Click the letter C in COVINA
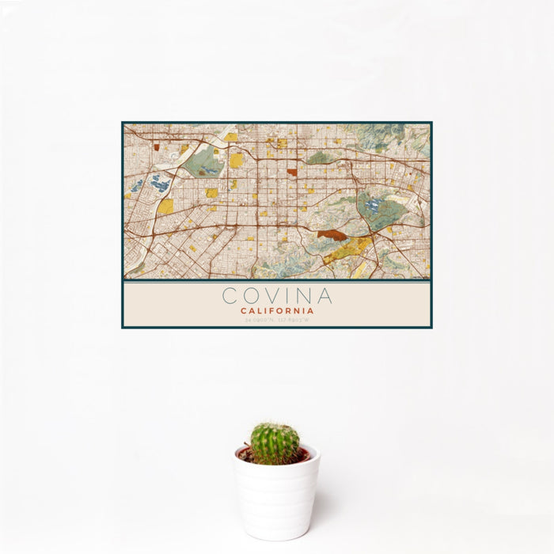tap(230, 296)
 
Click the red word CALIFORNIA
tap(277, 311)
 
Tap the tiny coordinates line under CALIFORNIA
tap(277, 320)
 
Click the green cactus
tap(275, 442)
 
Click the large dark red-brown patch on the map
tap(332, 235)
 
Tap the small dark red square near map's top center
tap(292, 172)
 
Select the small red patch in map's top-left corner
tap(156, 146)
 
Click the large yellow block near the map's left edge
tap(165, 207)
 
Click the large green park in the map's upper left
tap(204, 162)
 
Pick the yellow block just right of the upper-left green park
tap(237, 161)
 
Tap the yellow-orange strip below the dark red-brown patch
tap(347, 251)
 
